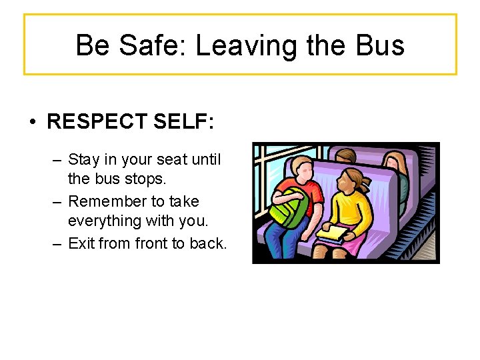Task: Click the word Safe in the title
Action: [x=149, y=45]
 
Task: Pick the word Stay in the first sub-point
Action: [x=84, y=160]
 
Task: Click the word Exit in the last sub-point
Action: [x=81, y=243]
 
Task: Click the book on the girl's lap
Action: [x=333, y=233]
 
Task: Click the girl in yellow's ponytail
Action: [x=367, y=183]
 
